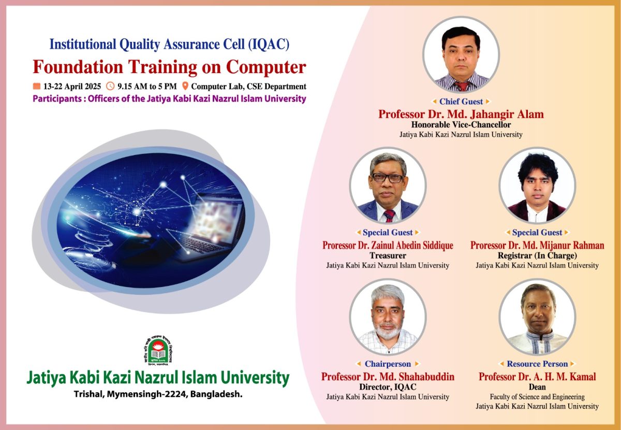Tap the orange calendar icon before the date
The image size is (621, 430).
(37, 86)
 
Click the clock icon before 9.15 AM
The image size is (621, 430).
(110, 86)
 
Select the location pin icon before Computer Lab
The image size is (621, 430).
(185, 86)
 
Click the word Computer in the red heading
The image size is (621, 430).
(266, 67)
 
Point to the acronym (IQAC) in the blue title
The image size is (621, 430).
(269, 45)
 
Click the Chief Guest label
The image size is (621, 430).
(461, 102)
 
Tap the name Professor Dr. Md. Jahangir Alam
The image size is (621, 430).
(461, 114)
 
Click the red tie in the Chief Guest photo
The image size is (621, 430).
(462, 86)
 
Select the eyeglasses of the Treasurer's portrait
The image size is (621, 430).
(388, 178)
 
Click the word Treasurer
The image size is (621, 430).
(388, 255)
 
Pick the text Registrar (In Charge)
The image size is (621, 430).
(537, 255)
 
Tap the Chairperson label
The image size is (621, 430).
(388, 364)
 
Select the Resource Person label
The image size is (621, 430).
(537, 364)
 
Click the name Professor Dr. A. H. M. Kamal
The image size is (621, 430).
(537, 377)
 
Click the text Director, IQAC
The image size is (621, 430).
(388, 386)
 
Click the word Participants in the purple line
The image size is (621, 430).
(57, 99)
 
